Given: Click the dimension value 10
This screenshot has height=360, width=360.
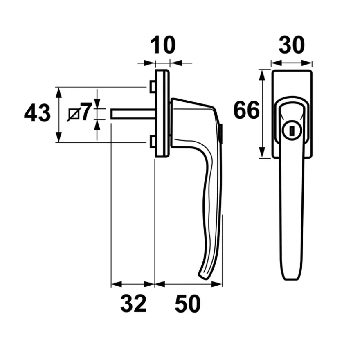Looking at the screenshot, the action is (x=163, y=45).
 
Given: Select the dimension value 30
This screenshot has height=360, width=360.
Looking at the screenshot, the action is (x=292, y=45).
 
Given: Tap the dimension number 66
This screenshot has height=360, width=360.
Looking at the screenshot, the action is (x=246, y=110).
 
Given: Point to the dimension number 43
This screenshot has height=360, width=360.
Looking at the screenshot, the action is (x=37, y=113).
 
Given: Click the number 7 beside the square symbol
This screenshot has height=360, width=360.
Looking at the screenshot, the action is (x=86, y=112).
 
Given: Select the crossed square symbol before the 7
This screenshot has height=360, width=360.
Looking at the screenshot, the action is (x=74, y=114).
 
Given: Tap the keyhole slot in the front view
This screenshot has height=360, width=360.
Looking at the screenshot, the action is (x=292, y=131).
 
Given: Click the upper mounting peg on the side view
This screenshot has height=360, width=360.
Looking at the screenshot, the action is (x=153, y=86).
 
